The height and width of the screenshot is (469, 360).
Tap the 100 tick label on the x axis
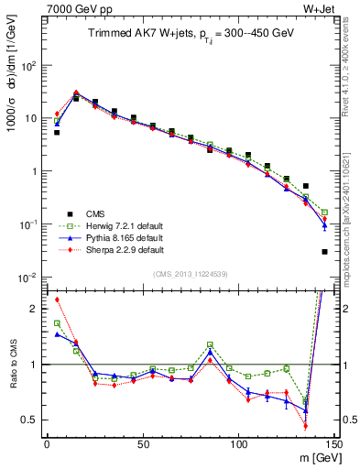coord(238,444)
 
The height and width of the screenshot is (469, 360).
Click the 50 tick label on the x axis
coord(142,444)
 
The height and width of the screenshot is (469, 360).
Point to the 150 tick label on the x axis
coord(333,444)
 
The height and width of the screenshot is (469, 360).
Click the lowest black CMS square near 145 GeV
coord(325,252)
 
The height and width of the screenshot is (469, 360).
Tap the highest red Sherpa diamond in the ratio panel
coord(57,300)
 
